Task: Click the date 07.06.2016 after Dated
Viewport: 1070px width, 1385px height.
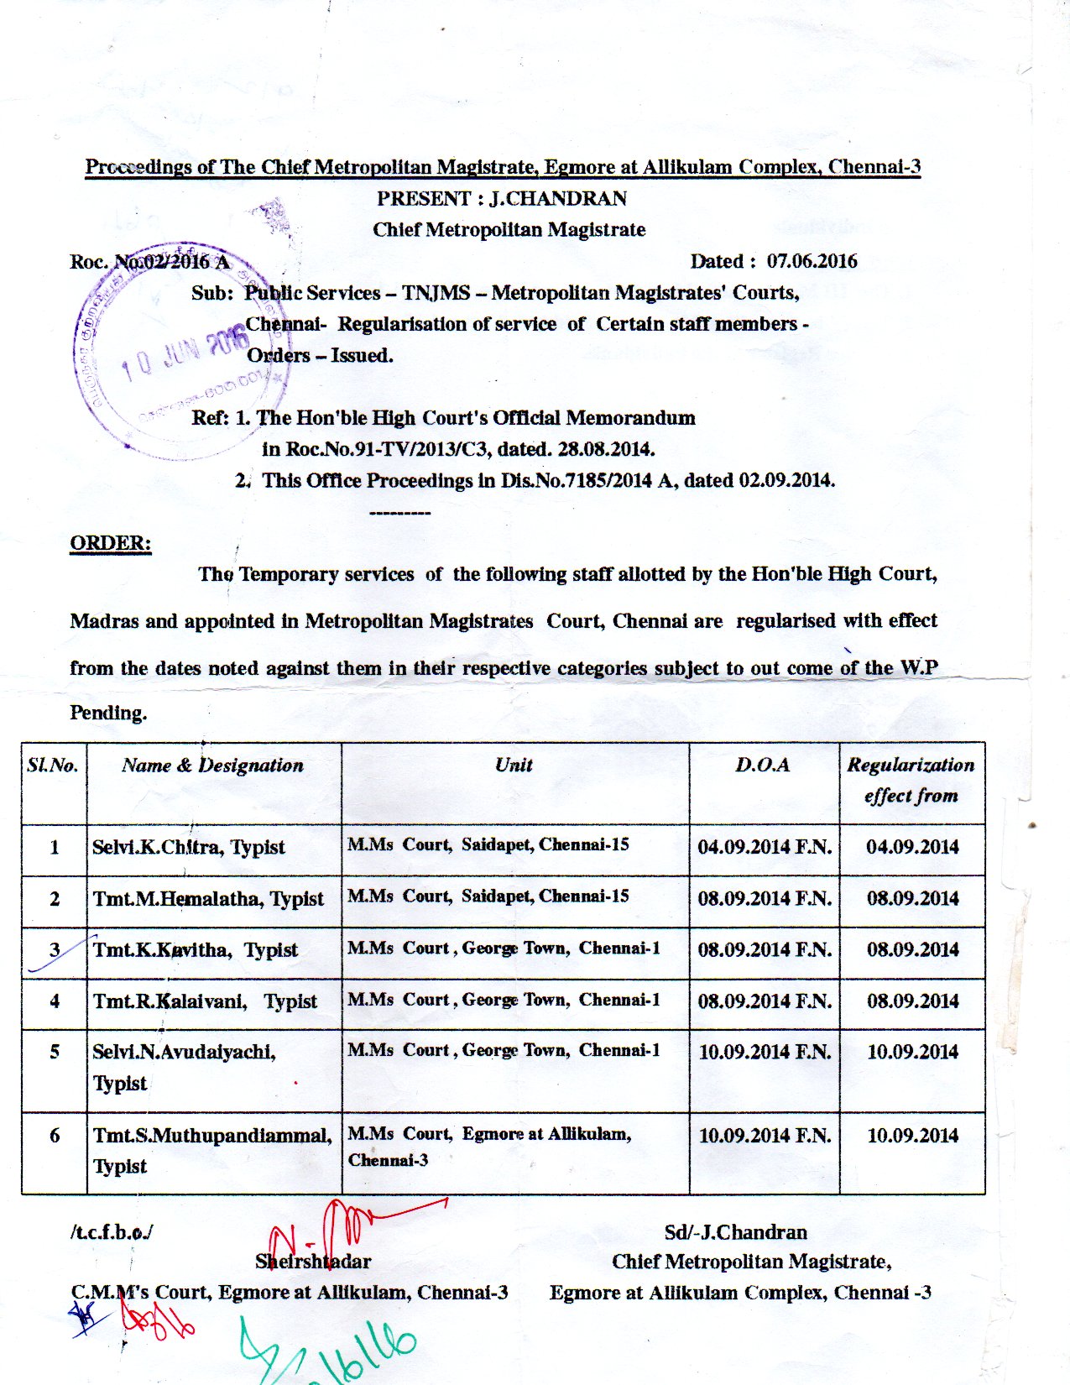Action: click(812, 261)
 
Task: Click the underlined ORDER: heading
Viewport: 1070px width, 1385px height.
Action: click(110, 543)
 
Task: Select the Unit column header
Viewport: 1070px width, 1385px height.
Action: click(514, 765)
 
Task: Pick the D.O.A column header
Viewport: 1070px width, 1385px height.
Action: click(763, 765)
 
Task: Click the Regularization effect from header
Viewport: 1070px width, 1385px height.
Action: click(911, 780)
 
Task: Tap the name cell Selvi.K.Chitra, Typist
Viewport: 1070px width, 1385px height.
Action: click(189, 847)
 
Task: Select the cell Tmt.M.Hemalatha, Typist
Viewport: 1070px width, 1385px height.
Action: click(208, 899)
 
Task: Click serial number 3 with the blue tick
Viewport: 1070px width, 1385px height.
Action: click(55, 950)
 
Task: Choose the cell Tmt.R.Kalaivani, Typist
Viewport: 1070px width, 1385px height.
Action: click(205, 1001)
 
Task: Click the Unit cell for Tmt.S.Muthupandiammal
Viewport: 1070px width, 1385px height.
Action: click(489, 1147)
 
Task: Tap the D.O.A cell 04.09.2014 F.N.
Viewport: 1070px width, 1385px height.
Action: click(765, 847)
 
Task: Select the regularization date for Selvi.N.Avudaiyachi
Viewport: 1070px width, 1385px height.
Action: click(912, 1052)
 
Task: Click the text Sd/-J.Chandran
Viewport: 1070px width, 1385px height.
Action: click(735, 1232)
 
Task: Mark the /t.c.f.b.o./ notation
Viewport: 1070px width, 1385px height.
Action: click(112, 1232)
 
